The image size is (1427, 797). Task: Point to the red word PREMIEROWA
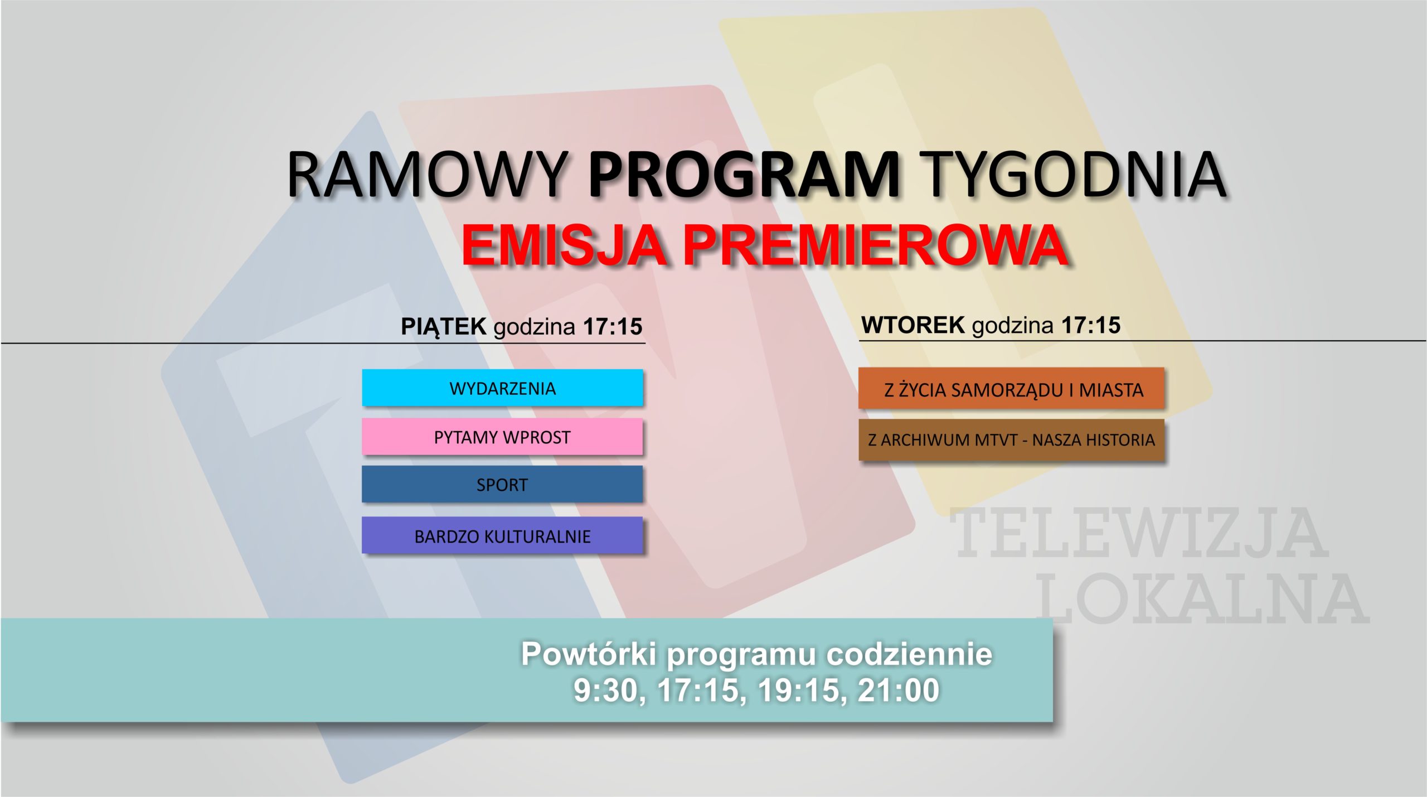pyautogui.click(x=875, y=246)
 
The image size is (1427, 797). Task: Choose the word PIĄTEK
pyautogui.click(x=444, y=326)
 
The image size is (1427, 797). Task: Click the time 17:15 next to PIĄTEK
pyautogui.click(x=613, y=327)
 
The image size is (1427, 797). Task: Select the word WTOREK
pyautogui.click(x=913, y=325)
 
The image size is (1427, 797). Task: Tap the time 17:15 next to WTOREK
pyautogui.click(x=1090, y=325)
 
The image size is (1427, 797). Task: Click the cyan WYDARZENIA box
pyautogui.click(x=502, y=388)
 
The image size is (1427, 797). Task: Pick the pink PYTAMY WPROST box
pyautogui.click(x=502, y=437)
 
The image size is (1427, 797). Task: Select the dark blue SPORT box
pyautogui.click(x=502, y=484)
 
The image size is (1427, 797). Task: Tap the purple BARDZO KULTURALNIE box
pyautogui.click(x=502, y=535)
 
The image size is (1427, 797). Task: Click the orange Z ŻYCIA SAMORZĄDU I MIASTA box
pyautogui.click(x=1011, y=388)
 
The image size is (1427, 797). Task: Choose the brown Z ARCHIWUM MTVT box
pyautogui.click(x=1011, y=439)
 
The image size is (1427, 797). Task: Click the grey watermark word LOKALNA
pyautogui.click(x=1202, y=600)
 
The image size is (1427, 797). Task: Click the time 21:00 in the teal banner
pyautogui.click(x=899, y=690)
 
